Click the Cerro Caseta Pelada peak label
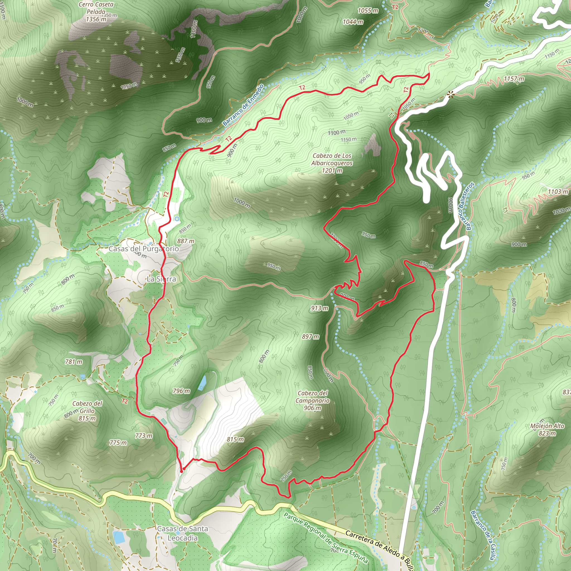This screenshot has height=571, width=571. tap(96, 12)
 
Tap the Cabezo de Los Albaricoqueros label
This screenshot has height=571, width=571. tap(332, 163)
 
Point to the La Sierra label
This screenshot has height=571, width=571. tap(161, 279)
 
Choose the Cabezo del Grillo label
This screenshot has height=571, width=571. tap(87, 411)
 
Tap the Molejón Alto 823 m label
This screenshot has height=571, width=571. tap(547, 429)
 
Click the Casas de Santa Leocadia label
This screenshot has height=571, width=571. tap(182, 533)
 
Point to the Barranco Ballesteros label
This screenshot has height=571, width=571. tap(470, 206)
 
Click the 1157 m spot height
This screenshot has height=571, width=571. tap(514, 79)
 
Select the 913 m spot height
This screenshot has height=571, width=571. tap(319, 308)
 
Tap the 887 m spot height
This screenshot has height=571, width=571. tap(186, 241)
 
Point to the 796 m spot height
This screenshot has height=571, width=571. tap(181, 391)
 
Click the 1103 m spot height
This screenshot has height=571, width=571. tap(558, 192)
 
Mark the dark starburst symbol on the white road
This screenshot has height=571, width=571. tap(450, 95)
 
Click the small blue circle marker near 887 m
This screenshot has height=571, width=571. tap(177, 219)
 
